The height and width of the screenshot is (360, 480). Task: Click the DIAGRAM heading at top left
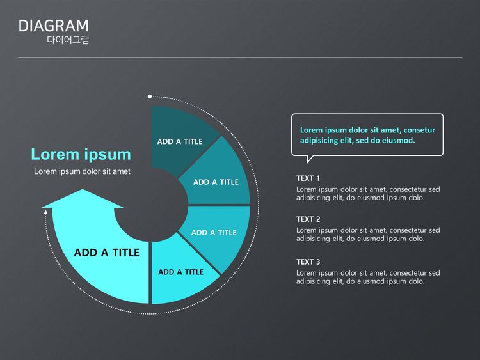[54, 26]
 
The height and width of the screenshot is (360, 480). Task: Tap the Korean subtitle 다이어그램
[68, 40]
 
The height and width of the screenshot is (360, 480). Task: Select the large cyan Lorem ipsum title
[81, 154]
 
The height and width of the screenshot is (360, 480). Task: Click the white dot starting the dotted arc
[150, 97]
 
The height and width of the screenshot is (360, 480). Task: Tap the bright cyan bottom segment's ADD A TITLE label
[180, 272]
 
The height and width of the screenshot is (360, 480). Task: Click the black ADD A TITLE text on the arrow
[106, 253]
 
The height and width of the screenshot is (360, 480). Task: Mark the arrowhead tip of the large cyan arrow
[83, 189]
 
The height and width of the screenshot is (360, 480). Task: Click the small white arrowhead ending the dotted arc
[45, 212]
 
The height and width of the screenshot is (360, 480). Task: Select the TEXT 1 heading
[308, 178]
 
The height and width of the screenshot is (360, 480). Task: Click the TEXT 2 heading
[308, 219]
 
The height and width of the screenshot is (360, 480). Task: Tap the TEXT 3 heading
[308, 262]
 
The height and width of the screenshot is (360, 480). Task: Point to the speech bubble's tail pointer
[310, 159]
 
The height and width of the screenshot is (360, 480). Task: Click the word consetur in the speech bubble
[419, 130]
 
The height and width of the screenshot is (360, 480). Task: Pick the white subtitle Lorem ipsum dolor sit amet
[82, 171]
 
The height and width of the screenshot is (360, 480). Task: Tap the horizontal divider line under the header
[240, 57]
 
